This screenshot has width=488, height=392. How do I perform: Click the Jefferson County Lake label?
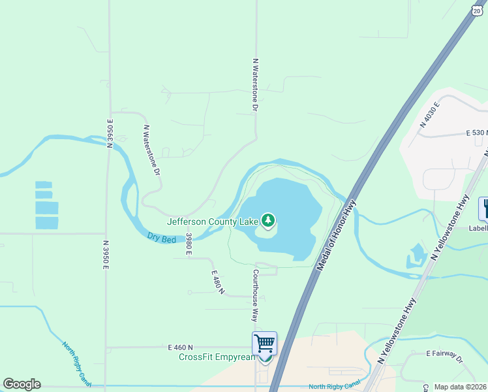pos(213,221)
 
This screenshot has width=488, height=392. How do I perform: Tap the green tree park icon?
pos(267,220)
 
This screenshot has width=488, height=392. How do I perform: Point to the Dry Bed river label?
pos(161,238)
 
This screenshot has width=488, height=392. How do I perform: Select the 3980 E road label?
pos(189,244)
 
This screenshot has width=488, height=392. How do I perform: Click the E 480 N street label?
pos(217,282)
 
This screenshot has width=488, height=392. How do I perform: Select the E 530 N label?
pos(477,133)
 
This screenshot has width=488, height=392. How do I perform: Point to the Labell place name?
pos(478,229)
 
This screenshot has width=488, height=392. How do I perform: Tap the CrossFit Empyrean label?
pos(218,357)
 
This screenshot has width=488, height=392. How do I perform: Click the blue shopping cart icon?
pos(265,343)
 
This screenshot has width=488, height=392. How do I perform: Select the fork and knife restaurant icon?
pos(485,209)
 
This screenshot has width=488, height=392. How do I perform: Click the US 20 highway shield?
pos(477,10)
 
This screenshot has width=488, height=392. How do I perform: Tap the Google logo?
pos(22,384)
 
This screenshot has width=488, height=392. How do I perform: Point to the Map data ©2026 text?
pos(461,387)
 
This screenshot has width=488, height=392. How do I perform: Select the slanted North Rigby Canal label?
pos(77,362)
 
